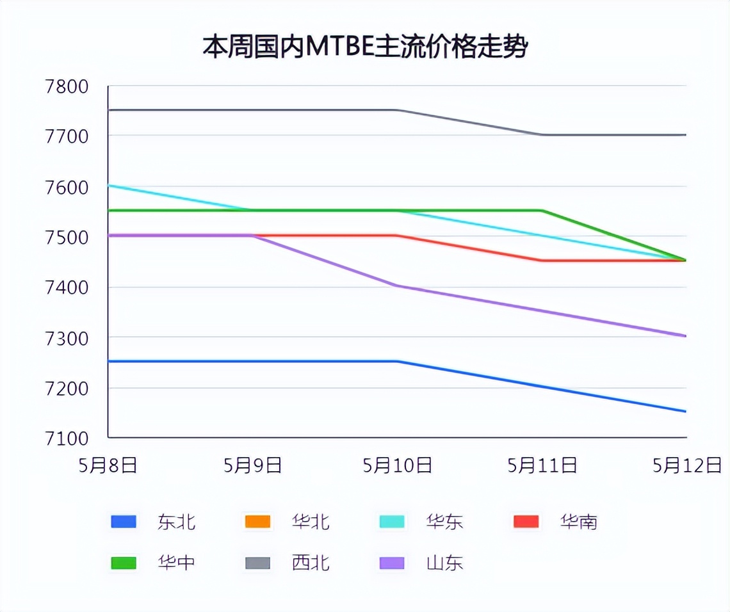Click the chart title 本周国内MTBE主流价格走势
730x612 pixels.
[365, 47]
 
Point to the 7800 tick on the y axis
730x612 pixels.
[67, 86]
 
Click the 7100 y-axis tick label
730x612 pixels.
[67, 439]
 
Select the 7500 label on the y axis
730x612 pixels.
[67, 237]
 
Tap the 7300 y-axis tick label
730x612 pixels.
[67, 337]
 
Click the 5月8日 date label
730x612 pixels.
[108, 465]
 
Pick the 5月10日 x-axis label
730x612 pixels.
[397, 465]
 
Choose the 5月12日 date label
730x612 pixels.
[687, 465]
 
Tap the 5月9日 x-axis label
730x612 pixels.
[253, 465]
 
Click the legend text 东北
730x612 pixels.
[176, 522]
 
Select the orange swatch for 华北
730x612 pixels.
[257, 522]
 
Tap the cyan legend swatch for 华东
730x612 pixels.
[392, 522]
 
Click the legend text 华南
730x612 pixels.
[578, 522]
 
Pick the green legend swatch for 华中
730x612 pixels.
[124, 563]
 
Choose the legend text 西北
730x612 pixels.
[311, 563]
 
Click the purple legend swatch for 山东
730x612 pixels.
[392, 563]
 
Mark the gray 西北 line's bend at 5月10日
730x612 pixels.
[398, 110]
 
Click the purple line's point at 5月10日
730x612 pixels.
[398, 286]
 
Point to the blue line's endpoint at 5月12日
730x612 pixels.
[686, 412]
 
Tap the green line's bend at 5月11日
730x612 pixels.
[542, 211]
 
